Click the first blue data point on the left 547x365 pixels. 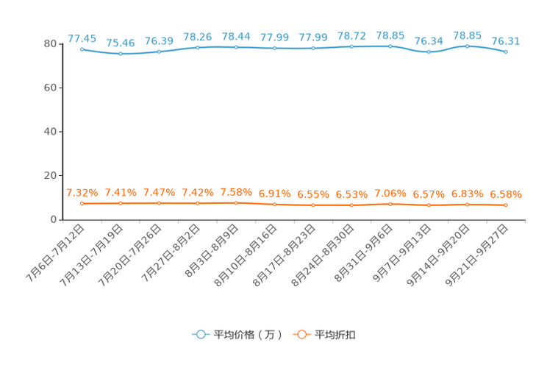point(82,49)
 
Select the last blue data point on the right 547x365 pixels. point(506,52)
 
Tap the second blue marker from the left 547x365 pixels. point(121,54)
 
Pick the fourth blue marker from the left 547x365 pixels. point(198,47)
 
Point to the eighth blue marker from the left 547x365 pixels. point(352,46)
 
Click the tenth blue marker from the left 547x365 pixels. point(429,52)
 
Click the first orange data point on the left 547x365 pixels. point(82,203)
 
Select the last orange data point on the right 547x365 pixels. point(506,205)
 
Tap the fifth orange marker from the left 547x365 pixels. point(236,202)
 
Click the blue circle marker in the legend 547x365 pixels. point(200,334)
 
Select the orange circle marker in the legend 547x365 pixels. point(301,334)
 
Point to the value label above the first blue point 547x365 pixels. point(82,38)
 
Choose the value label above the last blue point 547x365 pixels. point(506,41)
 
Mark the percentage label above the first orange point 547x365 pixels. point(82,193)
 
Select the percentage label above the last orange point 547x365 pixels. point(506,194)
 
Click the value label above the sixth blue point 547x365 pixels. point(275,37)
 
